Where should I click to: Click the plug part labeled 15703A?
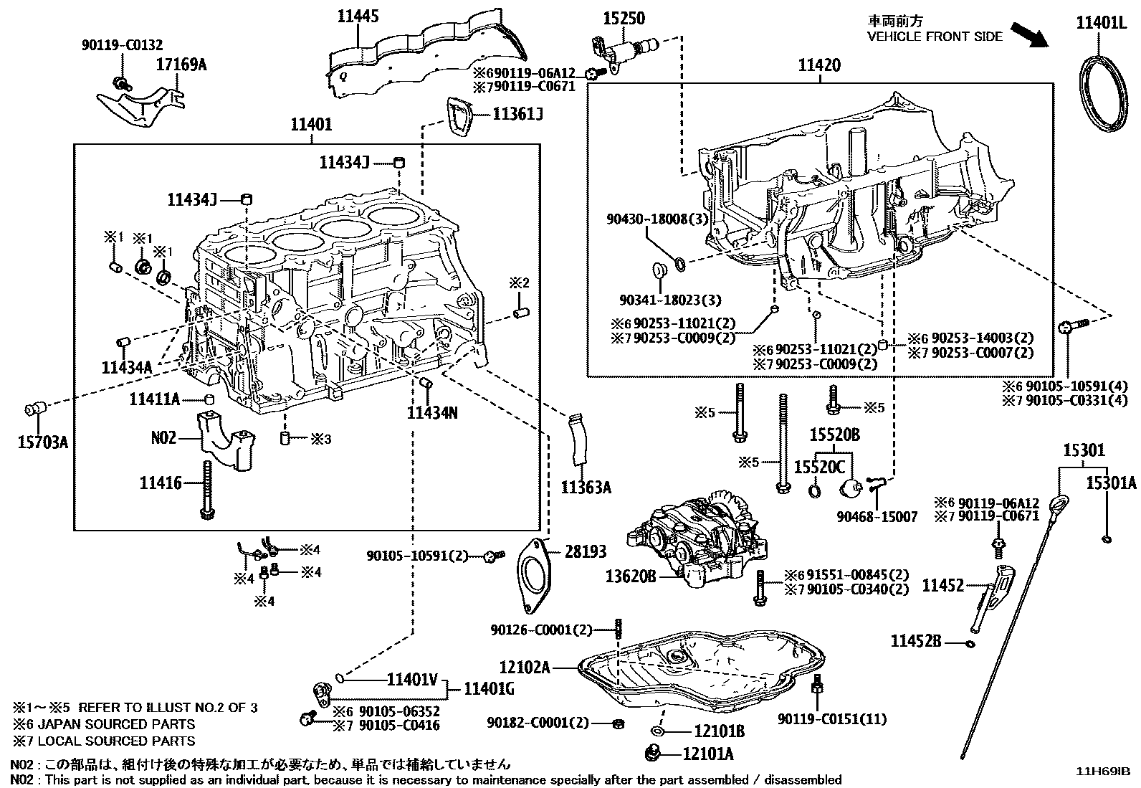[34, 409]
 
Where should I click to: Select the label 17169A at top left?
[181, 65]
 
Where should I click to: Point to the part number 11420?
[819, 65]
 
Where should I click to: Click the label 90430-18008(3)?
[657, 219]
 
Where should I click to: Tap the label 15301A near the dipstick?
[1110, 483]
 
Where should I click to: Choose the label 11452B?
[915, 640]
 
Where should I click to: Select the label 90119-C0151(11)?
[832, 719]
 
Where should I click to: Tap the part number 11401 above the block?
[310, 125]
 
